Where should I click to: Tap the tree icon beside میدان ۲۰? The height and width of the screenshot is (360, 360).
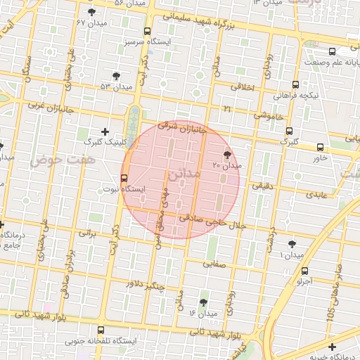[227, 155]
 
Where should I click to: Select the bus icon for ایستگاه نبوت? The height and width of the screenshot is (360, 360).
[124, 178]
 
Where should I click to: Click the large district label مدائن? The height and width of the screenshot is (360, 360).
[185, 173]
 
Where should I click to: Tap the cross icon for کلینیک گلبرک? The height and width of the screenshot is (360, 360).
[105, 131]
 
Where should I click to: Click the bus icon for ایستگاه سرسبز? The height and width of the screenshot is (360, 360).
[147, 31]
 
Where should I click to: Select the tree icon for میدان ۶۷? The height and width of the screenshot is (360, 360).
[91, 13]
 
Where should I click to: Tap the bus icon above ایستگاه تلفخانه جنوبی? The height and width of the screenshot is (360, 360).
[101, 330]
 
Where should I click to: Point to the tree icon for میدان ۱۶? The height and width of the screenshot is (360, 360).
[203, 302]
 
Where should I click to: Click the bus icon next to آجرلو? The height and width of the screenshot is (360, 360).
[304, 271]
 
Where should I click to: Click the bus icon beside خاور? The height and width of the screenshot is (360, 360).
[321, 147]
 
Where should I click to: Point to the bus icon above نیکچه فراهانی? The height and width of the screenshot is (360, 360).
[295, 84]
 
